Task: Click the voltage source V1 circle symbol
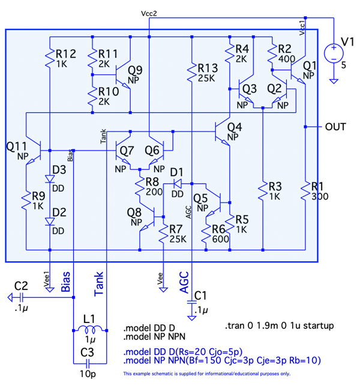tap(332, 53)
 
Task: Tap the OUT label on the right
tap(335, 127)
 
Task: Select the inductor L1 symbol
tap(89, 328)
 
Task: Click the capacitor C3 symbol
tap(88, 363)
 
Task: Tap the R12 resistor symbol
tap(49, 58)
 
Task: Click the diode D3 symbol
tap(49, 179)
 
